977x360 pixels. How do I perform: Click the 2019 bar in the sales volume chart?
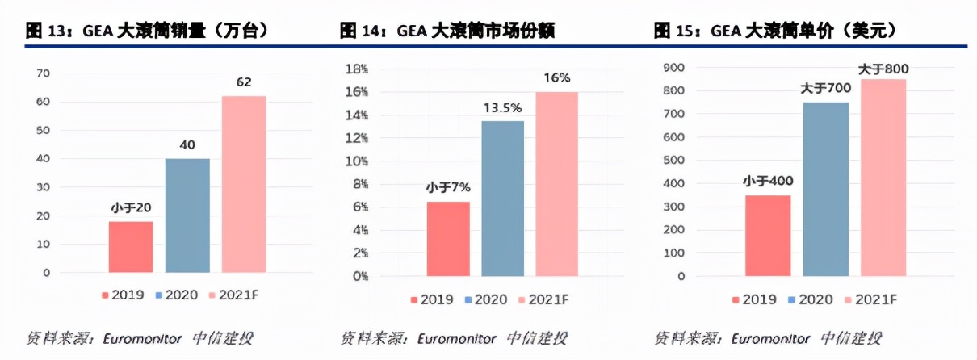click(131, 246)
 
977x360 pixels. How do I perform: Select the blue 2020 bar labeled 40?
click(187, 215)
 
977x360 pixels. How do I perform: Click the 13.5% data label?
click(502, 107)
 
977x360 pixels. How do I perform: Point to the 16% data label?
click(556, 77)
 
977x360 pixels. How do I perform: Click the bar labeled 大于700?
click(826, 189)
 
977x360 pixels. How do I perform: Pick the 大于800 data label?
click(883, 69)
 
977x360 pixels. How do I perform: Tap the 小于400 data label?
click(768, 180)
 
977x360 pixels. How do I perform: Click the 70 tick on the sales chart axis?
click(43, 73)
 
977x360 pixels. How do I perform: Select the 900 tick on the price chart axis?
click(673, 69)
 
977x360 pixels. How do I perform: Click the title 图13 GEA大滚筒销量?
click(147, 31)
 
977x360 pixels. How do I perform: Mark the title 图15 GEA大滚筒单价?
click(774, 31)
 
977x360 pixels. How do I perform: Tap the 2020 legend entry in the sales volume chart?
click(178, 295)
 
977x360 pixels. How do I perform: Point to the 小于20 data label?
click(132, 208)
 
